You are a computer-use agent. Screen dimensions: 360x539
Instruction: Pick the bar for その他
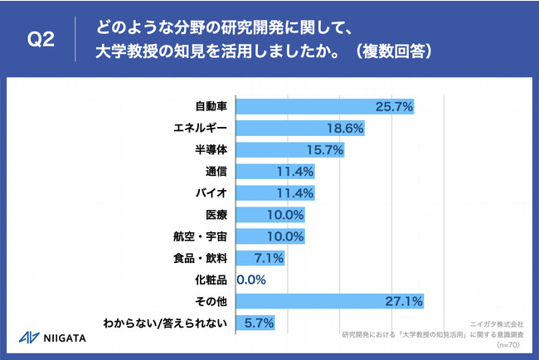click(x=330, y=300)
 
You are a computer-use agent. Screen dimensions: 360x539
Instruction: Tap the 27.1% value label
click(x=405, y=300)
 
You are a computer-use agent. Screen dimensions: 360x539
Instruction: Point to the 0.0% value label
click(x=252, y=280)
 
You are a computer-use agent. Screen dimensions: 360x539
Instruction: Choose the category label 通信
click(x=216, y=172)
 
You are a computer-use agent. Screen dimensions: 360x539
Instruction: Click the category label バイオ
click(x=211, y=193)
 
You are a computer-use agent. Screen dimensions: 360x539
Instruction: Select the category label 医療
click(x=216, y=215)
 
